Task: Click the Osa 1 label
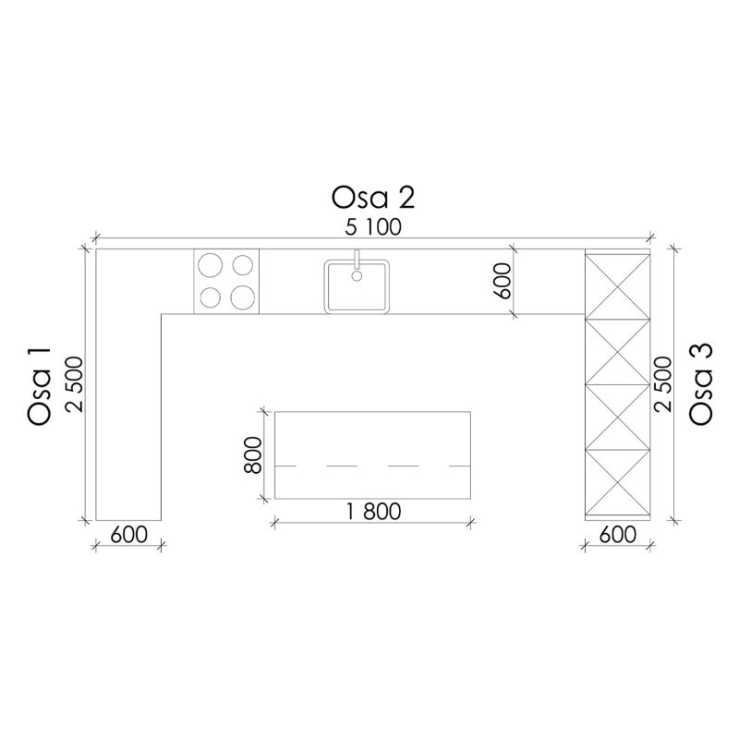(x=39, y=387)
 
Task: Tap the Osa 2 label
(x=373, y=198)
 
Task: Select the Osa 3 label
(x=701, y=384)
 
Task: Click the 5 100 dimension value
(x=373, y=227)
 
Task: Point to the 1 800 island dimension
(x=374, y=512)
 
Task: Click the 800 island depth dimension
(x=253, y=454)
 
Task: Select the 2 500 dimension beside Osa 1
(x=75, y=384)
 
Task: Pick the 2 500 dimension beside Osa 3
(x=662, y=384)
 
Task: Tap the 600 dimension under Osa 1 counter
(x=128, y=535)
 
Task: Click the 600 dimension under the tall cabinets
(x=618, y=535)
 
